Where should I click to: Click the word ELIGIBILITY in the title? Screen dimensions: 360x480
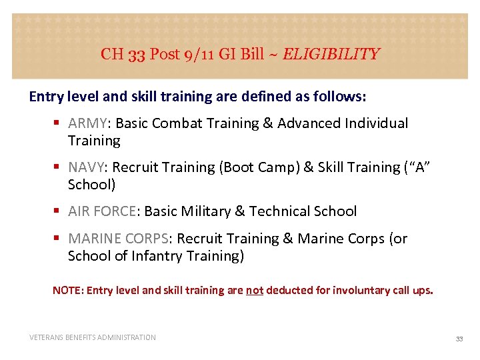click(x=331, y=54)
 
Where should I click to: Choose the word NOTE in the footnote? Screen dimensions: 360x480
click(x=67, y=291)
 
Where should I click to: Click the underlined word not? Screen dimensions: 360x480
click(x=255, y=291)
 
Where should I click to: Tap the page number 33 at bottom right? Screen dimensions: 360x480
click(x=459, y=339)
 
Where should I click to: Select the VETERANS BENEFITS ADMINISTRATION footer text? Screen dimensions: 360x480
click(x=93, y=337)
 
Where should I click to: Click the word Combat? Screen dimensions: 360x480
click(x=199, y=123)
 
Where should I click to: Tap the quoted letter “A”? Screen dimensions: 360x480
click(x=415, y=167)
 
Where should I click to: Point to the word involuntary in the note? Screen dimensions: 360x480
click(x=349, y=291)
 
